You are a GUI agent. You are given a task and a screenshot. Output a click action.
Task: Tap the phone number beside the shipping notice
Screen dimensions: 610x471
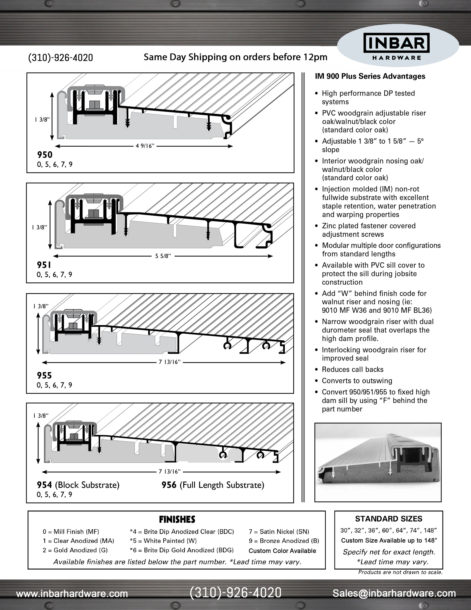click(61, 58)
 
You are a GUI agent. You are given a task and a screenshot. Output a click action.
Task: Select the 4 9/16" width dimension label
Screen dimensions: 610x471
click(145, 146)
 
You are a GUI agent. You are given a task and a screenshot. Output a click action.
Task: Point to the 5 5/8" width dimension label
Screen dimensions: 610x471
click(163, 256)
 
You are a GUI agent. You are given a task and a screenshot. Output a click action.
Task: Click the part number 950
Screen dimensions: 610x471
click(45, 155)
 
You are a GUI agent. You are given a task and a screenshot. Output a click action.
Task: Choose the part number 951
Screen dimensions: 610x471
click(44, 265)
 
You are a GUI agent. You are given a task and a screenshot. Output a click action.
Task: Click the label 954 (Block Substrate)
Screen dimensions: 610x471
click(78, 485)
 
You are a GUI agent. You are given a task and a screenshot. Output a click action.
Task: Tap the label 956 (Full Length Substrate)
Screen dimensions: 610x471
click(213, 485)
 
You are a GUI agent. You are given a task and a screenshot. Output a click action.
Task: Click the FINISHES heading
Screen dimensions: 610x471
click(177, 519)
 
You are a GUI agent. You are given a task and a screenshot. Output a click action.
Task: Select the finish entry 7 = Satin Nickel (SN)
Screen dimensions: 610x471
click(279, 532)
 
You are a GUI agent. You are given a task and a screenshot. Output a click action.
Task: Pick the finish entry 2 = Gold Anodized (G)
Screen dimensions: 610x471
click(75, 550)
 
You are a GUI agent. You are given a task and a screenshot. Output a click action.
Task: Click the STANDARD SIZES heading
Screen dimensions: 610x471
click(388, 519)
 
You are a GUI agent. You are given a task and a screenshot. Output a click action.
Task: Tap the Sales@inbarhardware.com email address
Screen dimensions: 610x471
click(394, 593)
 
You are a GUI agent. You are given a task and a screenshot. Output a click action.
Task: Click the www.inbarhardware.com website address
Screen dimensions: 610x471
click(72, 594)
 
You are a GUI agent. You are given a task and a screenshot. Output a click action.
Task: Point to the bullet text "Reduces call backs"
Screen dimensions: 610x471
click(353, 369)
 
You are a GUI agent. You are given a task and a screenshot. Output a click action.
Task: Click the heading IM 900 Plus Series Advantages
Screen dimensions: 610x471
click(370, 76)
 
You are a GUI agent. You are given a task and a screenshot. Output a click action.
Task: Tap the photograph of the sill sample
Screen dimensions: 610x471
click(378, 462)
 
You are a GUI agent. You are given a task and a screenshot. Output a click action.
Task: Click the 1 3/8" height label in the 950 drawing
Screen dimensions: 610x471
click(42, 119)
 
